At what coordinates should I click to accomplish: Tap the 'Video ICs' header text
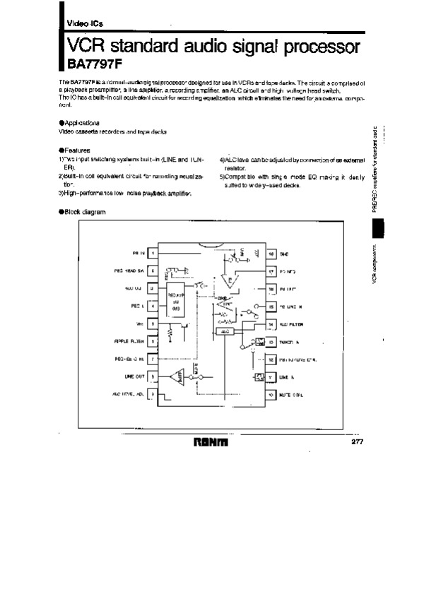click(84, 24)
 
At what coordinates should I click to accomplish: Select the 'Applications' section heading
click(86, 123)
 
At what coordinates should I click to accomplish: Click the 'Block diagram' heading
click(84, 212)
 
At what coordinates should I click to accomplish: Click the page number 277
click(358, 442)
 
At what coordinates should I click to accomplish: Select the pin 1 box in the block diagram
click(153, 252)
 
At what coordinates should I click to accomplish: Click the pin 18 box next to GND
click(271, 252)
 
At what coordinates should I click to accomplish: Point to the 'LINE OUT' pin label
click(134, 376)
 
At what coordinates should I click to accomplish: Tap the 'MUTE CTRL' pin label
click(293, 395)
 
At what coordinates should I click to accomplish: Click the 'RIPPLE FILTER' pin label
click(129, 341)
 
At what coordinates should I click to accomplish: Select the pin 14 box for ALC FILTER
click(271, 324)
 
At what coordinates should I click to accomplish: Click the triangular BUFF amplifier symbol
click(174, 378)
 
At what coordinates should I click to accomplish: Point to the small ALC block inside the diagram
click(225, 331)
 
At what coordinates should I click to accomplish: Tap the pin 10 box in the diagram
click(271, 395)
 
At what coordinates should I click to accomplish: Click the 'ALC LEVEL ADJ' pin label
click(128, 393)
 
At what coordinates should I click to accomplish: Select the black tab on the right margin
click(378, 228)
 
